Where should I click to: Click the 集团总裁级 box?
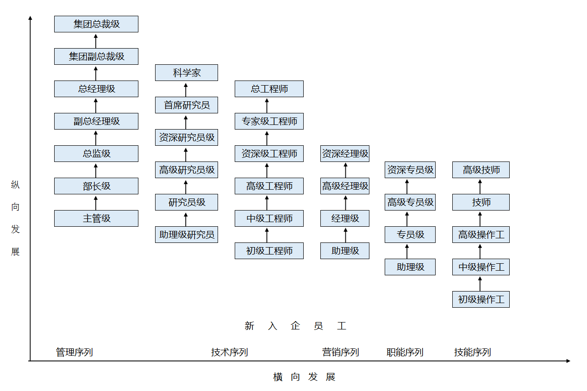pos(96,24)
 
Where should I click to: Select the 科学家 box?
pos(187,73)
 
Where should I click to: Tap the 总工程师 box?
pos(269,89)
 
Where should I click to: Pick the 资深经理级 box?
pos(345,154)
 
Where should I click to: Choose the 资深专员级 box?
pos(410,170)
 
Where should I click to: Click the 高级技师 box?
pos(481,170)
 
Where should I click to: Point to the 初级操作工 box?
pos(481,299)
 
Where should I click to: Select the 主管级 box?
pos(96,218)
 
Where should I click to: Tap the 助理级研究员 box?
pos(187,235)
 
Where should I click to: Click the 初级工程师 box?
pos(269,251)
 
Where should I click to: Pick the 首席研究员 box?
pos(187,105)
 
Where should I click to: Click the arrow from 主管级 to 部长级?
pos(96,202)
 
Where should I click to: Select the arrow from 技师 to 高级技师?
pos(480,186)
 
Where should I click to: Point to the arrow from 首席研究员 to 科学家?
pos(186,89)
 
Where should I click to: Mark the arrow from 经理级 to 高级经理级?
pos(345,202)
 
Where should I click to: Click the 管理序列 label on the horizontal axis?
pos(75,352)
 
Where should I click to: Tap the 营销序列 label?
pos(341,352)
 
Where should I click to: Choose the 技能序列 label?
pos(472,352)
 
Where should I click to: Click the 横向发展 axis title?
pos(304,377)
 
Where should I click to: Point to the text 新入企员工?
pos(295,326)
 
